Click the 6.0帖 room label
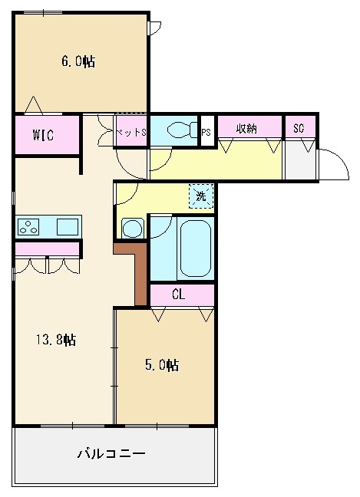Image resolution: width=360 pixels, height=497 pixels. pos(78,61)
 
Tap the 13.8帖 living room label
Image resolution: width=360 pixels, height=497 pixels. pos(56,340)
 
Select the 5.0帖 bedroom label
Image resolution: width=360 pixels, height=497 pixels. pos(162,365)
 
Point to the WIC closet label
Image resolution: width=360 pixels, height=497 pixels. pos(44,135)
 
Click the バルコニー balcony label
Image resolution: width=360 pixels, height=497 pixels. pos(111,453)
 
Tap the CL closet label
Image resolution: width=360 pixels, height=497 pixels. pos(178,295)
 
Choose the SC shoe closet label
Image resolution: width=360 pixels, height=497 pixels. pos(299,128)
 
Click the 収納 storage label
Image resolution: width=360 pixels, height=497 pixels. pos(246,129)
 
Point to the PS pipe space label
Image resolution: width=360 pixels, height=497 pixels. pos(206,132)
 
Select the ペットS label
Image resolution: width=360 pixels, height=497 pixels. pos(131,132)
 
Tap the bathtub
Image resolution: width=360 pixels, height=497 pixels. pos(196,248)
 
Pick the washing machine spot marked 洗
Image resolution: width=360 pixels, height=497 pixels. pos(201,196)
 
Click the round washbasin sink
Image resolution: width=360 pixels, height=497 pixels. pos(132,228)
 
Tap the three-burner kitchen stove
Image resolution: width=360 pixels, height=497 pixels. pos(28,226)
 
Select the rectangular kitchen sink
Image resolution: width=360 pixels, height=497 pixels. pos(68,226)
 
